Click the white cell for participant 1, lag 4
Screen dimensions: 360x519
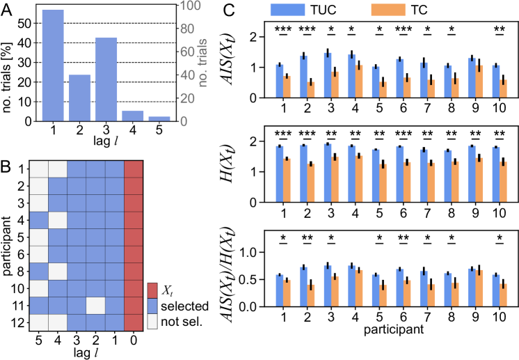(x=58, y=169)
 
